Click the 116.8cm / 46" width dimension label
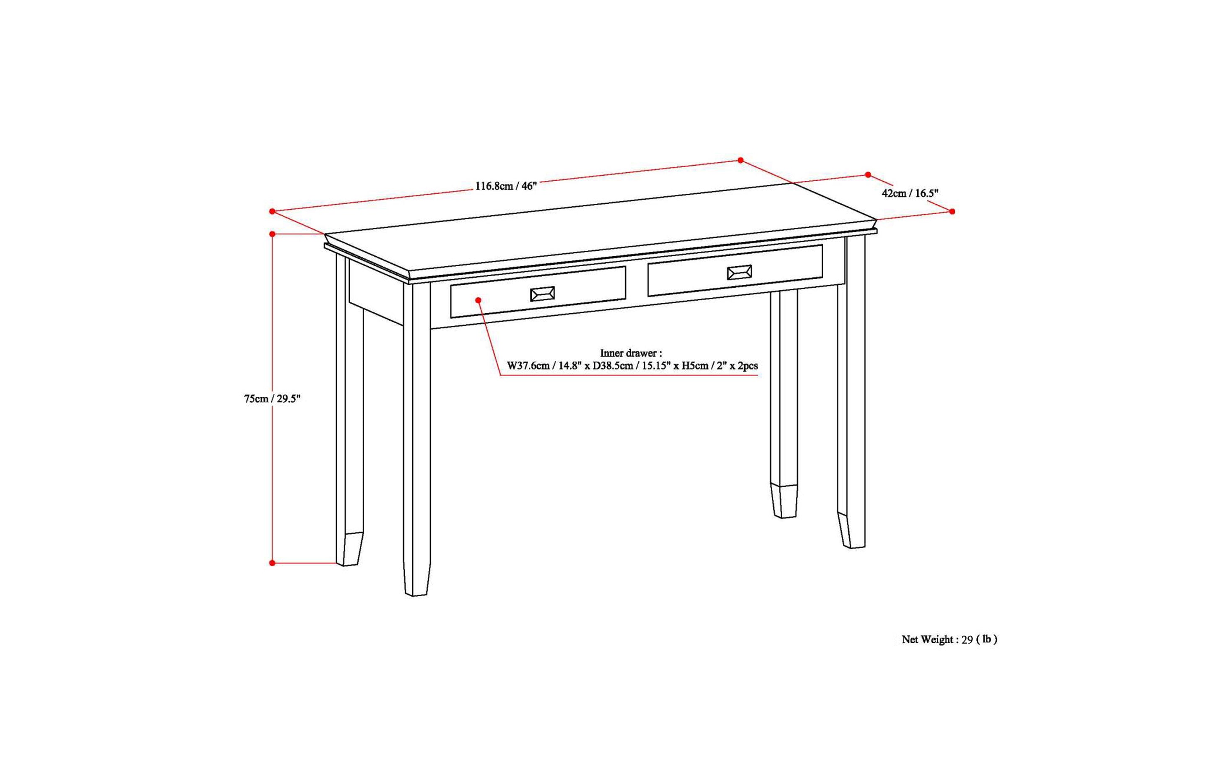click(x=506, y=186)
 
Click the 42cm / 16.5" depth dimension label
click(x=910, y=193)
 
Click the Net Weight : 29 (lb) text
click(x=949, y=639)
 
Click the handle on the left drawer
click(x=542, y=294)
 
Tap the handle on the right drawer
click(x=739, y=273)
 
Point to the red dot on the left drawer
click(x=479, y=300)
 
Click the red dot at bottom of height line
click(x=272, y=563)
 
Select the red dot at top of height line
click(x=272, y=234)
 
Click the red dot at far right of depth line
click(x=952, y=211)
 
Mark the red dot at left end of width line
click(x=272, y=211)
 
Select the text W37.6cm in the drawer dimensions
click(x=528, y=366)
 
